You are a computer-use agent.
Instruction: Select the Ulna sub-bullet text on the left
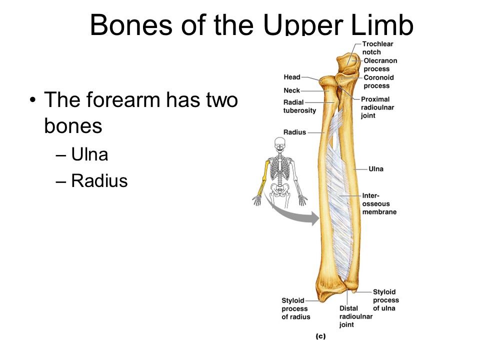coord(89,154)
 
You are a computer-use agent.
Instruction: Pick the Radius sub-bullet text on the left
coord(99,180)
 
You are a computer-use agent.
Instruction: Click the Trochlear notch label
coord(378,48)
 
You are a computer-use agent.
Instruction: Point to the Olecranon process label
coord(380,65)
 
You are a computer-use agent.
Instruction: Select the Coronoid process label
coord(378,81)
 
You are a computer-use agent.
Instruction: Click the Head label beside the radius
coord(292,77)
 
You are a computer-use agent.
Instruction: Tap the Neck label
coord(292,90)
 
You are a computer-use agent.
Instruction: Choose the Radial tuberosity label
coord(299,106)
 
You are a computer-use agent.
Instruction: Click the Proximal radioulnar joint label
coord(375,107)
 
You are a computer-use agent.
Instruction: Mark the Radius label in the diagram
coord(294,132)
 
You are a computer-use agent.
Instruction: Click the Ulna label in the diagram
coord(376,169)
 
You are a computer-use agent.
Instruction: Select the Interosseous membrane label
coord(379,204)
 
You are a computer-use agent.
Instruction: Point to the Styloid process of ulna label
coord(385,300)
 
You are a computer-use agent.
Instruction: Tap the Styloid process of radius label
coord(295,308)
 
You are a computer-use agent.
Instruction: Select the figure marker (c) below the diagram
coord(320,336)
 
